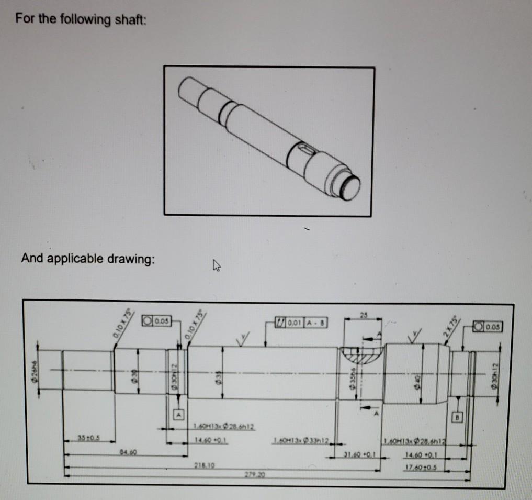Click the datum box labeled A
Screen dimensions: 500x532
tap(179, 412)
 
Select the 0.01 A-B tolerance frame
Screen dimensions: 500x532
tap(301, 320)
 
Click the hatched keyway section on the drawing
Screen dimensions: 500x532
tap(360, 359)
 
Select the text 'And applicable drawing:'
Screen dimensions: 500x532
tap(88, 258)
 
